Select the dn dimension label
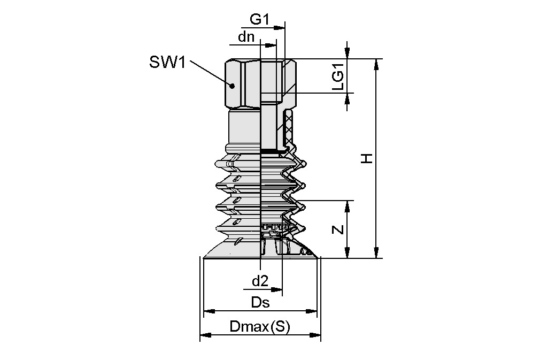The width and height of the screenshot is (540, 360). click(x=246, y=37)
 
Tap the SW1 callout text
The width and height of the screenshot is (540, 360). click(x=167, y=63)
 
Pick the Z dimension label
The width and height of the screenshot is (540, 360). click(x=337, y=229)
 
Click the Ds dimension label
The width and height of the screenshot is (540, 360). click(x=260, y=303)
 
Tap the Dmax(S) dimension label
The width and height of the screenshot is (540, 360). click(x=259, y=327)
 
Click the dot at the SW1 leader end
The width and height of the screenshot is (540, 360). click(x=232, y=85)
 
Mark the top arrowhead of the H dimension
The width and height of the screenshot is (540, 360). click(x=377, y=64)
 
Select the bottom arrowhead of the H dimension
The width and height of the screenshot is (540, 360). click(x=377, y=254)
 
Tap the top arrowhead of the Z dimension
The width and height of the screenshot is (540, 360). click(x=348, y=205)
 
